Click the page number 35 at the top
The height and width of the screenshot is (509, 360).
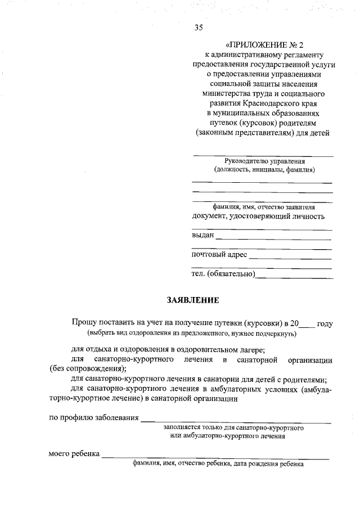pos(198,27)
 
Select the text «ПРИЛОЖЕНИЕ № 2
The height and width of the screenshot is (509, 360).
pos(263,44)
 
